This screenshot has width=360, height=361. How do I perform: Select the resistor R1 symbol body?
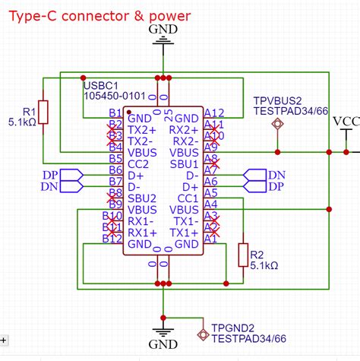[43, 111]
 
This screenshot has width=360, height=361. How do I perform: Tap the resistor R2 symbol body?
[243, 255]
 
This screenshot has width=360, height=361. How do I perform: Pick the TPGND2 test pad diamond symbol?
[202, 334]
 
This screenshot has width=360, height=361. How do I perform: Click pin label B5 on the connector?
[115, 159]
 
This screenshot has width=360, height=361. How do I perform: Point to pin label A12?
[214, 113]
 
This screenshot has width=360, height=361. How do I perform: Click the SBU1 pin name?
[185, 164]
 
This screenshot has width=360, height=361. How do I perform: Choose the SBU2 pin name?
[141, 198]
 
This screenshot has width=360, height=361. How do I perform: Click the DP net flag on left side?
[49, 175]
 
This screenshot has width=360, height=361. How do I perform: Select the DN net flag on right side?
[276, 175]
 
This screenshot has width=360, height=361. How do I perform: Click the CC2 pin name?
[137, 163]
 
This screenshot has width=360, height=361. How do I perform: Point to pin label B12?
[113, 239]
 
